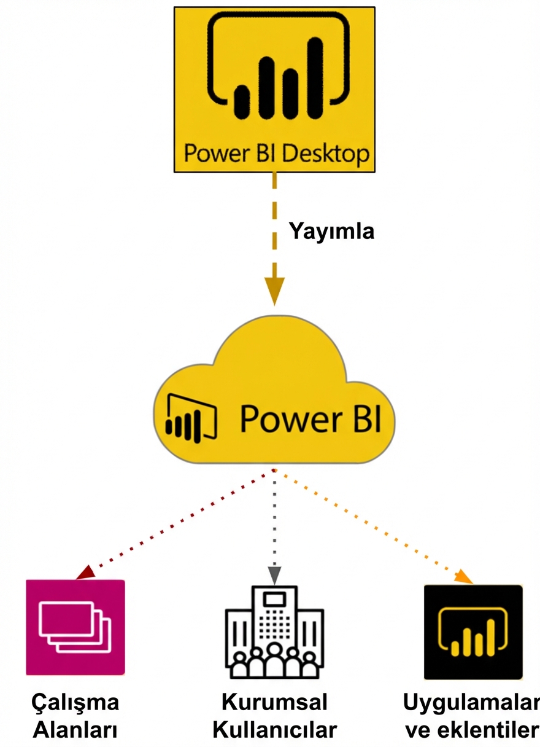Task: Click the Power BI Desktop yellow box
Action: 274,89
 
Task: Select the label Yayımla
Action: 331,232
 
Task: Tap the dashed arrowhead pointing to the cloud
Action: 274,289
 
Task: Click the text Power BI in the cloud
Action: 310,418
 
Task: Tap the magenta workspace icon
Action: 75,627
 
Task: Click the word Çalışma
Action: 75,703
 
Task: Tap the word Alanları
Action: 75,730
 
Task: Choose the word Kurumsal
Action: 274,702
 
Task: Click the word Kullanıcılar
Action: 274,730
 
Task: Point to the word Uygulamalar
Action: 471,702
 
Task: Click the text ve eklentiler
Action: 471,730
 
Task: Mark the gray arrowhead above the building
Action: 274,574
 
